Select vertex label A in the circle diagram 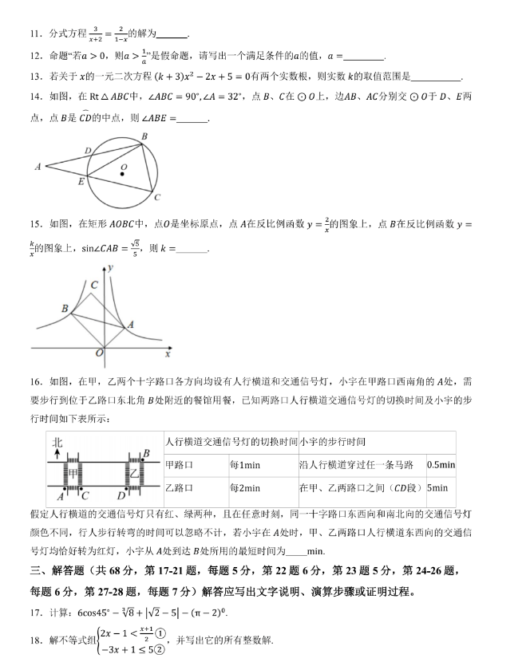[38, 167]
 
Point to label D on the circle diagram [88, 149]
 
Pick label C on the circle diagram [157, 197]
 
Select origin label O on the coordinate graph [99, 353]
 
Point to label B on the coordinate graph [65, 308]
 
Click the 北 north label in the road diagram [56, 443]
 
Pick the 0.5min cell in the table [441, 465]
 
